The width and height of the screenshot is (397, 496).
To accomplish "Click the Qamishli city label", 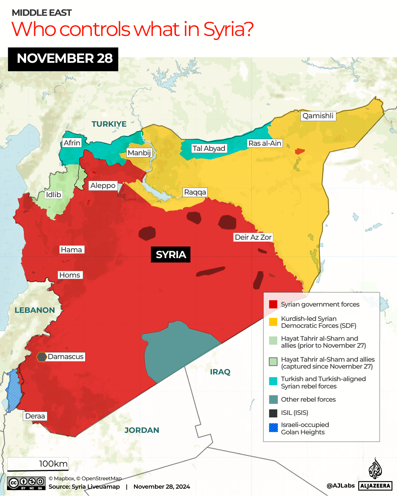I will coord(318,116).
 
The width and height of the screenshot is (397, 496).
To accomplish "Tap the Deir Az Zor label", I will coord(253,238).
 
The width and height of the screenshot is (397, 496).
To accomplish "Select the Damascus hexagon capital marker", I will coord(41,357).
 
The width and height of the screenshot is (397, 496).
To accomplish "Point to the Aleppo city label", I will coord(103,186).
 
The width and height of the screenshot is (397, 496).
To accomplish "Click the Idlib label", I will coord(53,195).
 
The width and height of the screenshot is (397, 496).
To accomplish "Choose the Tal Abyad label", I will coord(209,149).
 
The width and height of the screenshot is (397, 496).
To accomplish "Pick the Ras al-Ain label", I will coord(264,144).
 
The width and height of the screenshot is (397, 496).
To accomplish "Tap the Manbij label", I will coord(139,153).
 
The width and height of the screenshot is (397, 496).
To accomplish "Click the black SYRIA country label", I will coord(171,255).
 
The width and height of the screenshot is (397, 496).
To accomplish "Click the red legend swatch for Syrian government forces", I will coord(273,304).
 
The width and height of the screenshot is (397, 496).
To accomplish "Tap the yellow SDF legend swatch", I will coord(273,322).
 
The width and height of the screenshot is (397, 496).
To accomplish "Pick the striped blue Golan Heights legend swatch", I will coord(273,428).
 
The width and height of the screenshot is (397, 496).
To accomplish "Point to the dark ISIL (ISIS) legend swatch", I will coord(273,413).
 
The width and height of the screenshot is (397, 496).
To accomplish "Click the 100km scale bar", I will coord(38,465).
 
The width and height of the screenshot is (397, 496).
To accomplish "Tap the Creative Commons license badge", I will coord(26,483).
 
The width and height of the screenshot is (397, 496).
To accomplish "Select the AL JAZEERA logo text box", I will coord(375,486).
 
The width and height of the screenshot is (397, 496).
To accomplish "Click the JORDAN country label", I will coord(142,430).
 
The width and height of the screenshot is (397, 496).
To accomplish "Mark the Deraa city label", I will coord(35,416).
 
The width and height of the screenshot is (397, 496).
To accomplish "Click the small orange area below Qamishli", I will coord(300,151).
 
